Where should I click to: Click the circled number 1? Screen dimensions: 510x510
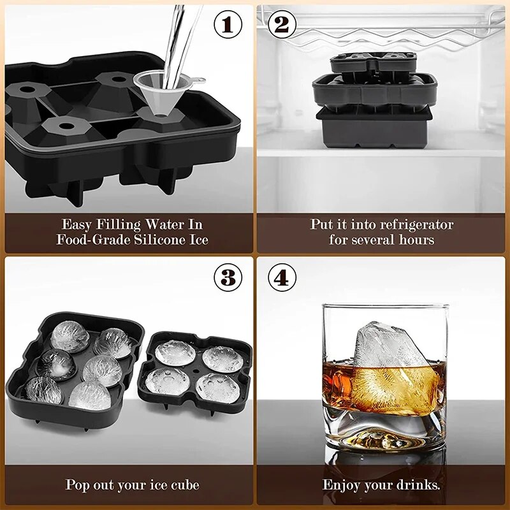pos(228,25)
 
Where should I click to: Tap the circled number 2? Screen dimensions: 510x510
pos(282,25)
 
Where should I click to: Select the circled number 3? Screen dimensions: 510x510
pos(228,277)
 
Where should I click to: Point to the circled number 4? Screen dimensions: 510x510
pos(282,277)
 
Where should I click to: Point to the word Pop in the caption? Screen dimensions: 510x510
pos(78,484)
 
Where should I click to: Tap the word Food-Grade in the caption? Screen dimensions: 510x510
pos(93,240)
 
